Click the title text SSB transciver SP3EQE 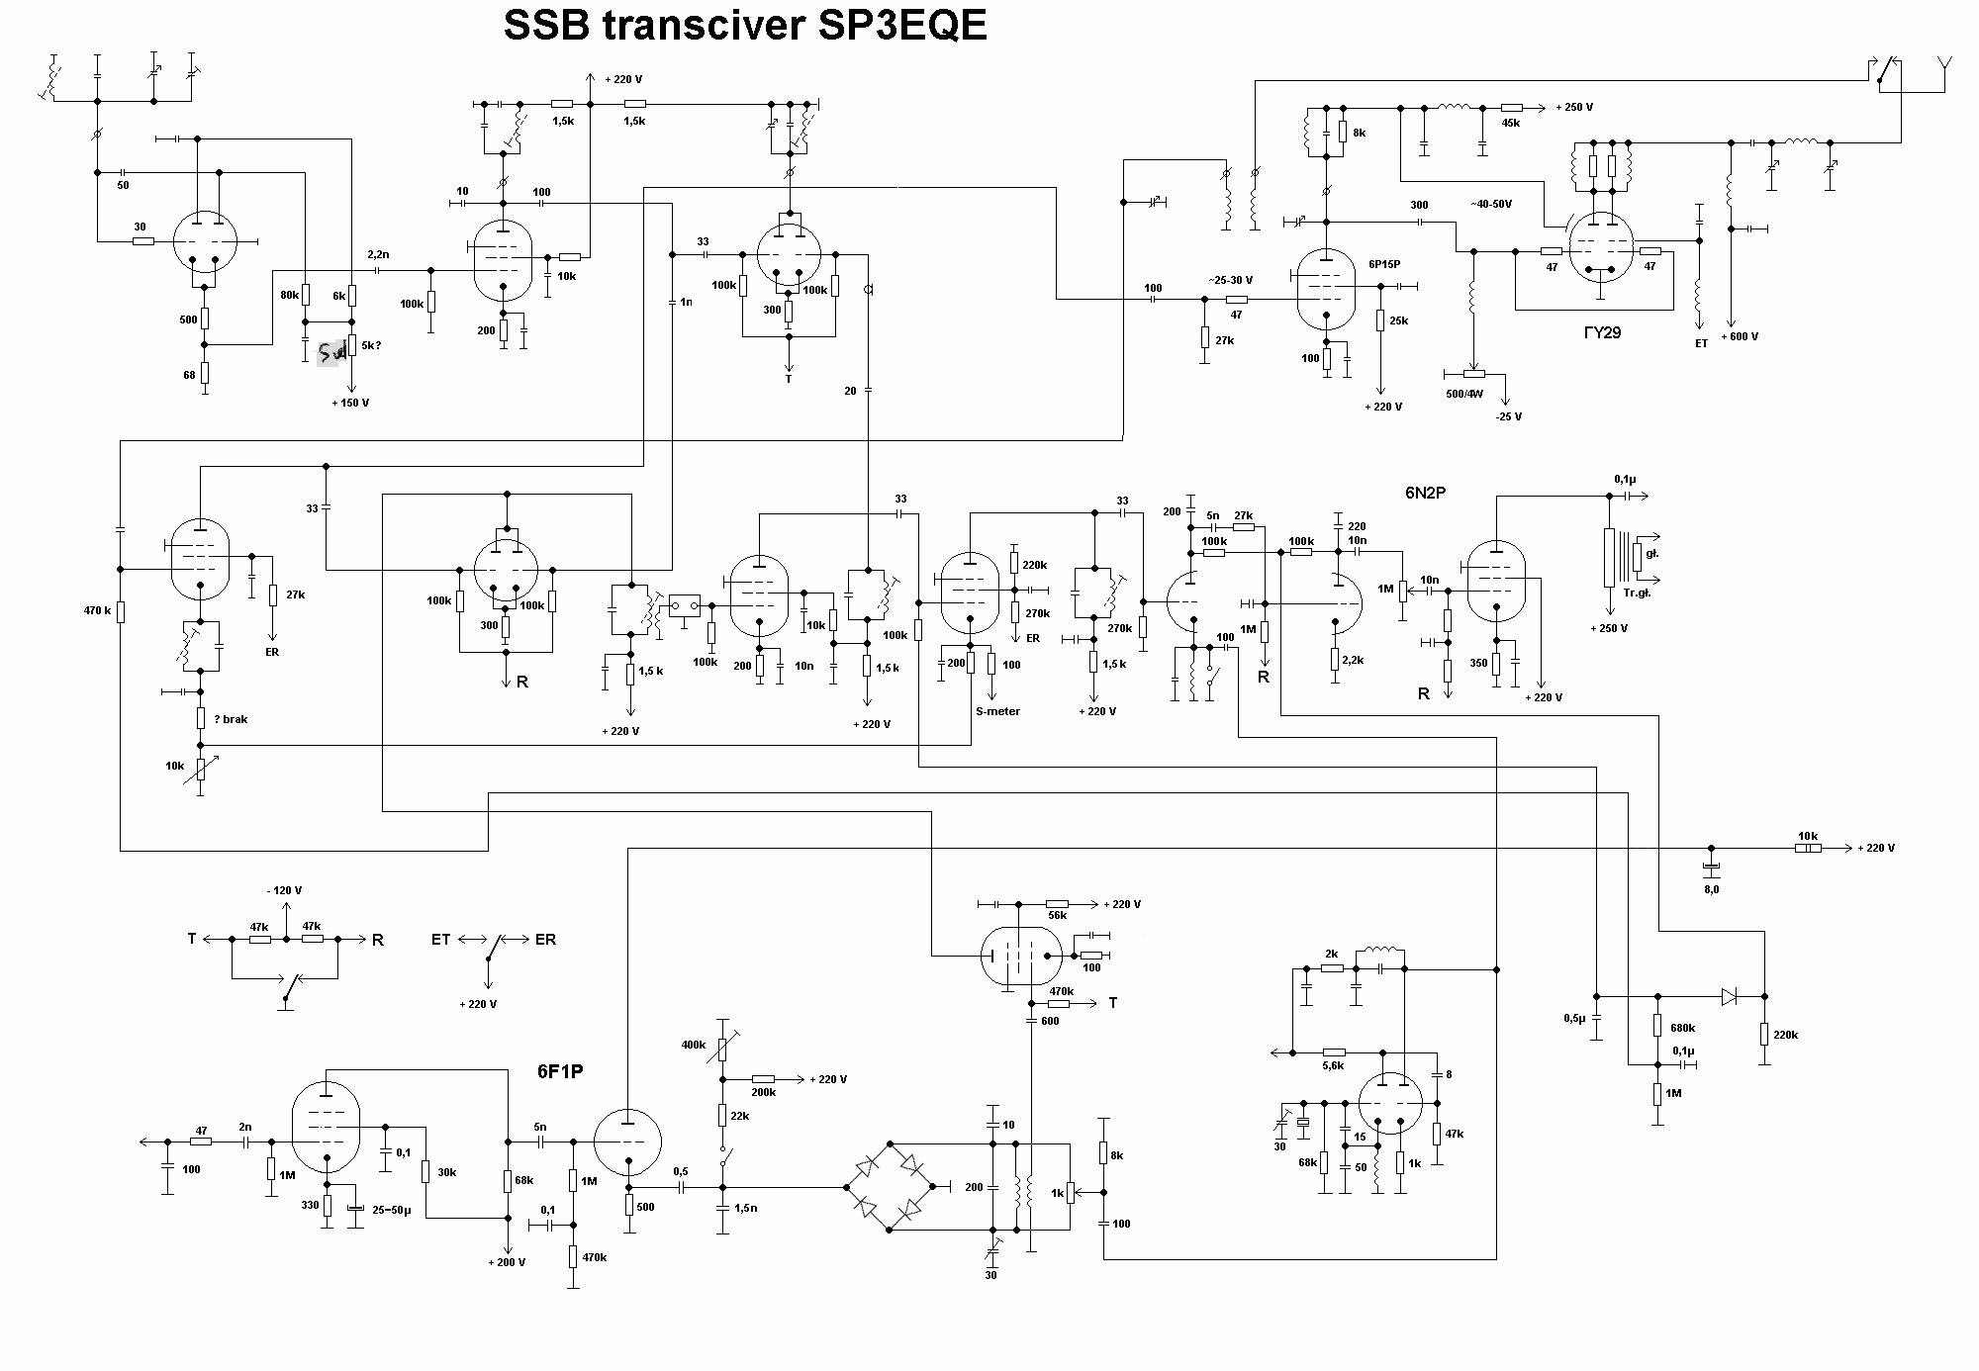pyautogui.click(x=744, y=27)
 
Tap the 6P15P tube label pyautogui.click(x=1384, y=265)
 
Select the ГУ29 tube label pyautogui.click(x=1602, y=333)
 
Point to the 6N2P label pyautogui.click(x=1426, y=493)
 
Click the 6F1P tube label pyautogui.click(x=560, y=1071)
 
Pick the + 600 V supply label pyautogui.click(x=1740, y=336)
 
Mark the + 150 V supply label pyautogui.click(x=350, y=403)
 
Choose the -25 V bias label pyautogui.click(x=1508, y=416)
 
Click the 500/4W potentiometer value pyautogui.click(x=1465, y=394)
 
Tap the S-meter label pyautogui.click(x=997, y=711)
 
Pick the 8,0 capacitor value pyautogui.click(x=1711, y=889)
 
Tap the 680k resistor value pyautogui.click(x=1683, y=1028)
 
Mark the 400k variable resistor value pyautogui.click(x=694, y=1045)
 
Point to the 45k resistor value pyautogui.click(x=1510, y=124)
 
